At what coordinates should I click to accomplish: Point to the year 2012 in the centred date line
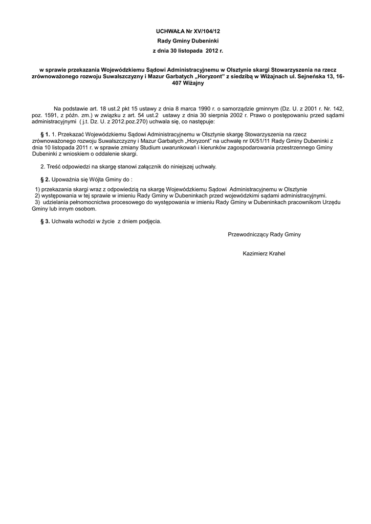click(x=211, y=51)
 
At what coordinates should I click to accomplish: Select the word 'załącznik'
click(x=138, y=167)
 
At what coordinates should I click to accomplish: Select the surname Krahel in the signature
click(x=276, y=254)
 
